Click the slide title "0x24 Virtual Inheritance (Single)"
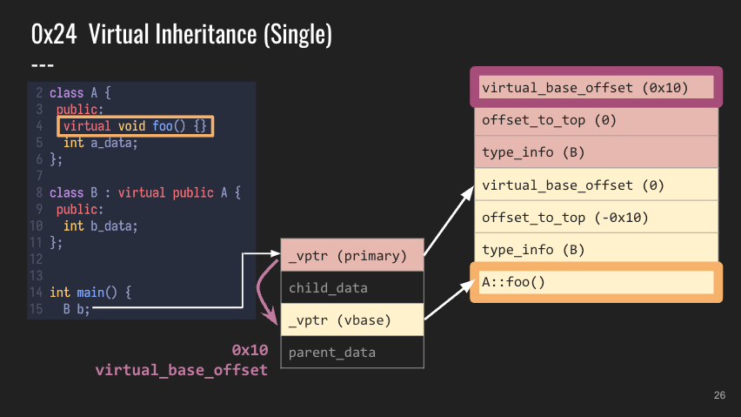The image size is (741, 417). point(182,34)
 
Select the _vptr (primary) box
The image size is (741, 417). point(352,255)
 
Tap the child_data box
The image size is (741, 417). point(352,287)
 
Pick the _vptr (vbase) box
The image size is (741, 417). point(352,319)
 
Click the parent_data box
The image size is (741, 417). point(352,352)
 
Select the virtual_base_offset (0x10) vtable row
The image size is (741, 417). point(596,87)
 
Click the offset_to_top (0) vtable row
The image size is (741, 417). point(596,120)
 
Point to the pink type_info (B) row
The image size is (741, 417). point(596,152)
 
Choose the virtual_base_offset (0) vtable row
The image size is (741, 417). point(596,185)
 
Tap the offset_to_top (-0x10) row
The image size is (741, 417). point(596,217)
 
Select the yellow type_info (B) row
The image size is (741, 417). point(596,248)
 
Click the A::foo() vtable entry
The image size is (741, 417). point(596,282)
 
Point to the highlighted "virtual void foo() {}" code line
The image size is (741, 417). point(135,126)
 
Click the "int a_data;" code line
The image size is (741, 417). point(100,143)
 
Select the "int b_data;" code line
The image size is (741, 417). point(100,226)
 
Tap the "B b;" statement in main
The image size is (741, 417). point(77,309)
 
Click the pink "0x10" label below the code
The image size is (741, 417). point(250,350)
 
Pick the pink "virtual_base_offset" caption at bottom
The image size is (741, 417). point(182,370)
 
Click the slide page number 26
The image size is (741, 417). point(719,395)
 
